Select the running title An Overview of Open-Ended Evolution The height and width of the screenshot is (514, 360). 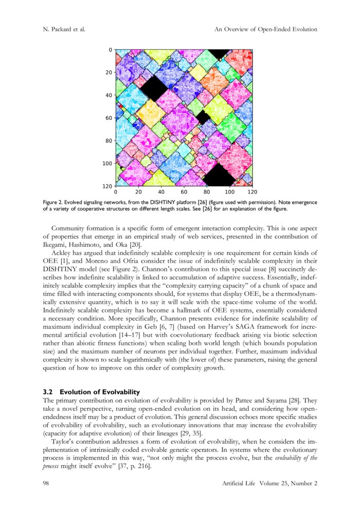click(265, 29)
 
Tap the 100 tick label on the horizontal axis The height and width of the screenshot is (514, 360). click(229, 191)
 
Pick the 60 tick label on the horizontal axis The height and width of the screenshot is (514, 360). click(184, 191)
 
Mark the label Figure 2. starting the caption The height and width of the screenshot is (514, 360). click(55, 203)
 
